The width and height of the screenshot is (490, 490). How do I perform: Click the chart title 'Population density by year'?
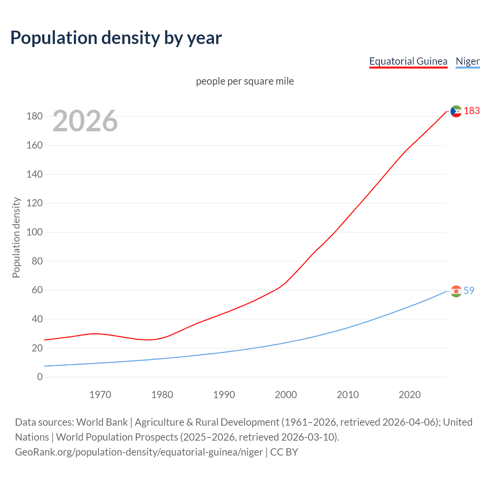pos(116,38)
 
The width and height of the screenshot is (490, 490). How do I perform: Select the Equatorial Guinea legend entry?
pos(408,61)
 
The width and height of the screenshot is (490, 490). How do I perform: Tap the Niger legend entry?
pos(467,61)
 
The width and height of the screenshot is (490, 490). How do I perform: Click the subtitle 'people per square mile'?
pos(245,82)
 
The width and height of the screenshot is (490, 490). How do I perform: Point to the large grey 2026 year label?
pos(85,121)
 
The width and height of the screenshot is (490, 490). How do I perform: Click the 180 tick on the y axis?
pos(34,116)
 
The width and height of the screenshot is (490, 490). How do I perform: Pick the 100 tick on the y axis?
pos(34,232)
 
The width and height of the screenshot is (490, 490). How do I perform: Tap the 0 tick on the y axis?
pos(40,377)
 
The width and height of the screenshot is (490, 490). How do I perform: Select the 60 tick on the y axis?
pos(37,290)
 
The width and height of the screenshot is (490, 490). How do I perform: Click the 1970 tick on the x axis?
pos(100,395)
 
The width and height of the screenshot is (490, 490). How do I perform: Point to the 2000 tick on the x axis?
pos(286,395)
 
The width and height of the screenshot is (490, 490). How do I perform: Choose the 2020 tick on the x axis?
pos(410,395)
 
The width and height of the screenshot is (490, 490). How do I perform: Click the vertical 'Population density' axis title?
pos(16,237)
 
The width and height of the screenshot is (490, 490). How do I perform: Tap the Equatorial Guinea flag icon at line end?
pos(456,111)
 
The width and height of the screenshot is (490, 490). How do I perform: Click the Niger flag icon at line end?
pos(456,291)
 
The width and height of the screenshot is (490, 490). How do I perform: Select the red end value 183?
pos(472,111)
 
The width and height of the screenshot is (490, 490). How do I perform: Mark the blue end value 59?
pos(469,291)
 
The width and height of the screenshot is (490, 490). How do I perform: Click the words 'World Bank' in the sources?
pos(102,422)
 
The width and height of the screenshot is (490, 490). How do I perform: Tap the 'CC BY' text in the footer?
pos(284,452)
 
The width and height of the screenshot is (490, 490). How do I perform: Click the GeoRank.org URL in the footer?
pos(139,452)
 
